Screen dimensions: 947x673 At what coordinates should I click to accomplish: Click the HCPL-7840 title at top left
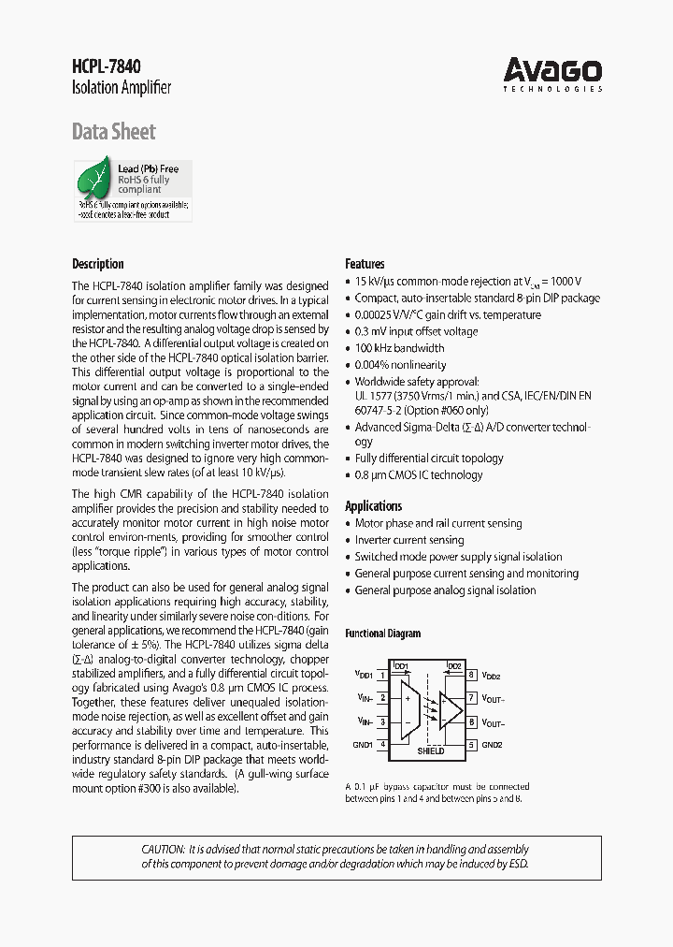pos(107,66)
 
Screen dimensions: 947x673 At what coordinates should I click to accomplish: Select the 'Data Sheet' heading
pos(113,132)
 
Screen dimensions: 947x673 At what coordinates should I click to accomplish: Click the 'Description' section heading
pos(98,264)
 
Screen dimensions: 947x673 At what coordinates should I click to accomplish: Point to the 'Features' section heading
pos(365,264)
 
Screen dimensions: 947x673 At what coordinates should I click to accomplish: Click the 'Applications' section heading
pos(373,506)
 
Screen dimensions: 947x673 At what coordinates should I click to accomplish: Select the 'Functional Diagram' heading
pos(382,634)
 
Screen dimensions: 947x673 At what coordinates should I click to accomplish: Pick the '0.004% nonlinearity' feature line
pos(400,365)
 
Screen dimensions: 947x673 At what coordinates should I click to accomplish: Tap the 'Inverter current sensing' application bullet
pos(408,540)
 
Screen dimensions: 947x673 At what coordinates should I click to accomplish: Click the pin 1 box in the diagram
pos(383,675)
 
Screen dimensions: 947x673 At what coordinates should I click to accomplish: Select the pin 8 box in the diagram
pos(472,675)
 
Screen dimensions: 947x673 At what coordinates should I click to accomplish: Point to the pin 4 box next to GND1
pos(383,745)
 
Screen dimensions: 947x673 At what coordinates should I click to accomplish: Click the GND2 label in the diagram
pos(492,746)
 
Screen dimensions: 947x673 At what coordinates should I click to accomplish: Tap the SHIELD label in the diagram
pos(430,750)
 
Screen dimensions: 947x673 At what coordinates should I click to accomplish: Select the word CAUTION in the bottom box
pos(163,848)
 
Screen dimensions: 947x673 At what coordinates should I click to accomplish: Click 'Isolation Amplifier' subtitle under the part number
pos(122,89)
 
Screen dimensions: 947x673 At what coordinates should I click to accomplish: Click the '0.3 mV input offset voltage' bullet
pos(416,331)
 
